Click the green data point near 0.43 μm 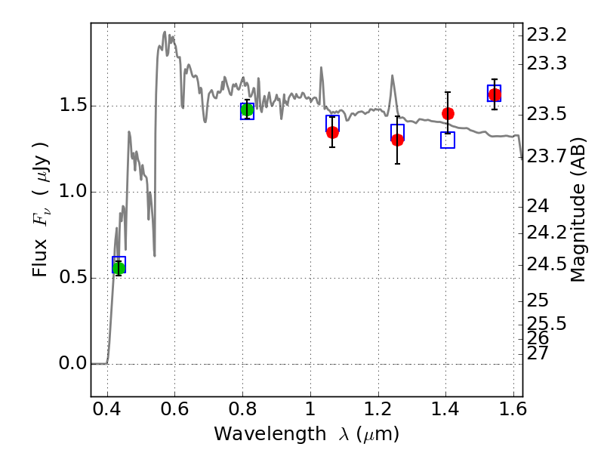pos(119,269)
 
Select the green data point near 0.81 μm pos(248,109)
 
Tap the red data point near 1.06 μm pos(332,133)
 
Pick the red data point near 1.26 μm pos(398,140)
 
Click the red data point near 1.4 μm pos(448,114)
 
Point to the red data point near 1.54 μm pos(495,94)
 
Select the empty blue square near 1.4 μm pos(448,140)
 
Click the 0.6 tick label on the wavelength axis pos(174,408)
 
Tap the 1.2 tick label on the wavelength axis pos(378,408)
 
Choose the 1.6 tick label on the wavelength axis pos(513,408)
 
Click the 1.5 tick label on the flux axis pos(72,105)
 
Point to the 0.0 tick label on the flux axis pos(72,363)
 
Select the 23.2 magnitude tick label pos(547,35)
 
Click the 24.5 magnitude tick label pos(547,265)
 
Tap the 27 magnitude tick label pos(538,353)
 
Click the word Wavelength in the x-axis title pos(270,434)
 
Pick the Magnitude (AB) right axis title pos(577,210)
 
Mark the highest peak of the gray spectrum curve pos(165,32)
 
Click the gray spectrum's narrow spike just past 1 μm pos(321,68)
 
